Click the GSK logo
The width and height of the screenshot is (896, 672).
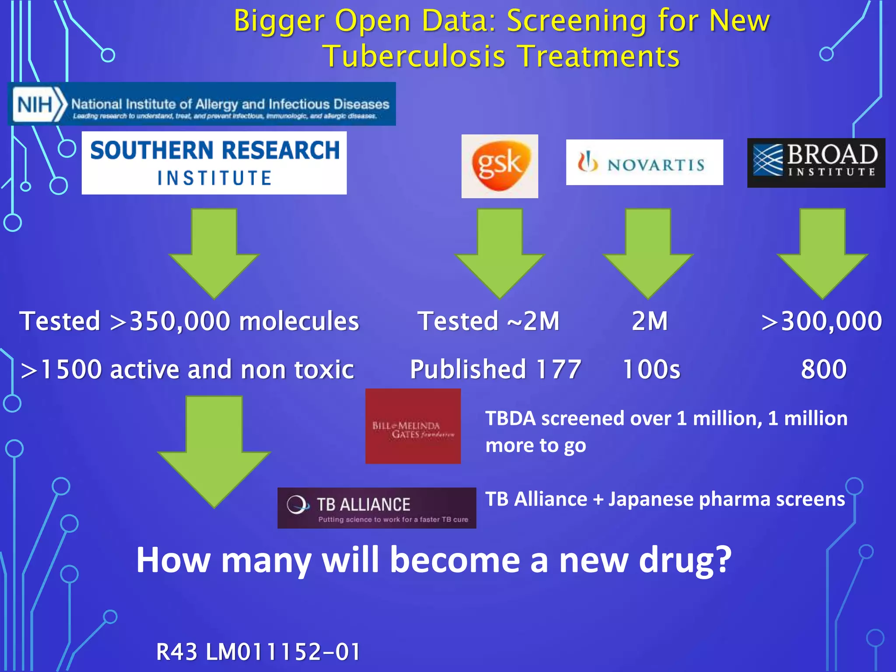[x=500, y=166]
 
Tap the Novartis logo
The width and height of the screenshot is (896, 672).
[x=644, y=162]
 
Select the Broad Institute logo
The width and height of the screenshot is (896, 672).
[x=816, y=163]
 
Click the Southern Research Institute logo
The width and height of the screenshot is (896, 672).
[x=214, y=163]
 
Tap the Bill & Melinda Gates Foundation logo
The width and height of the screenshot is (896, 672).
[x=413, y=426]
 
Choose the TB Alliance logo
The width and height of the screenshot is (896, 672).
[x=377, y=508]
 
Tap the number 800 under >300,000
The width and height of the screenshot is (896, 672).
[x=824, y=369]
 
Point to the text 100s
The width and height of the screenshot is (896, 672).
[x=651, y=369]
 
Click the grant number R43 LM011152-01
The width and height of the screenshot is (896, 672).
[x=258, y=651]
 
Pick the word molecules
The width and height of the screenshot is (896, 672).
[x=299, y=321]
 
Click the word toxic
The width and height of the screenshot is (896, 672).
[x=324, y=369]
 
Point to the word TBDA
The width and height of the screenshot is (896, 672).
[x=510, y=419]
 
